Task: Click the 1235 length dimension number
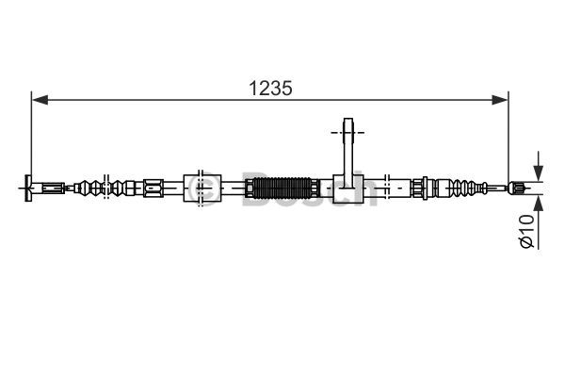click(x=270, y=89)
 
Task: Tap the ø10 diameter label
click(x=526, y=231)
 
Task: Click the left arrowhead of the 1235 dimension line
click(x=40, y=100)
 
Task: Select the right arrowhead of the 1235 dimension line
click(x=500, y=100)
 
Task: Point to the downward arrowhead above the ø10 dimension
click(x=539, y=172)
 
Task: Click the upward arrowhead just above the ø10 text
click(x=539, y=204)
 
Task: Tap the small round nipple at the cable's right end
click(x=516, y=188)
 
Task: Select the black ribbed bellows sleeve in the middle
click(x=282, y=188)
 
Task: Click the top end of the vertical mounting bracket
click(x=348, y=120)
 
